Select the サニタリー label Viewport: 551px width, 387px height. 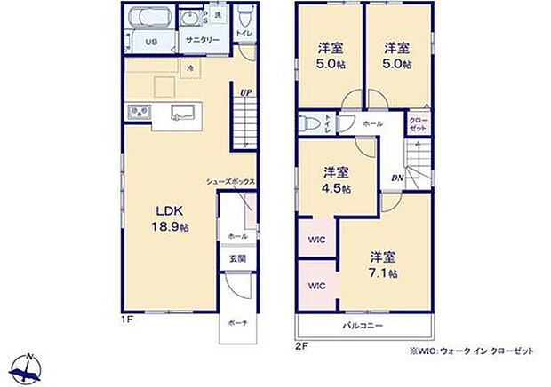(x=203, y=41)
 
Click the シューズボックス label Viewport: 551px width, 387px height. (x=230, y=181)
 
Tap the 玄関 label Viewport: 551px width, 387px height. (x=236, y=258)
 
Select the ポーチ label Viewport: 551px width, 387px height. (x=236, y=323)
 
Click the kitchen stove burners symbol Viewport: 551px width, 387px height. (x=139, y=112)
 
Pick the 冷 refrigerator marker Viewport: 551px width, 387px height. (x=189, y=67)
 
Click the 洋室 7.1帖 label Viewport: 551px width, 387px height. (x=383, y=264)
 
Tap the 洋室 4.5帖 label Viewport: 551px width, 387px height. (x=336, y=179)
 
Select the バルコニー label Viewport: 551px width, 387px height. (x=364, y=327)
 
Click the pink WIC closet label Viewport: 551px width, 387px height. (x=315, y=286)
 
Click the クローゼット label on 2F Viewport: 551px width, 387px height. (x=418, y=124)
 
